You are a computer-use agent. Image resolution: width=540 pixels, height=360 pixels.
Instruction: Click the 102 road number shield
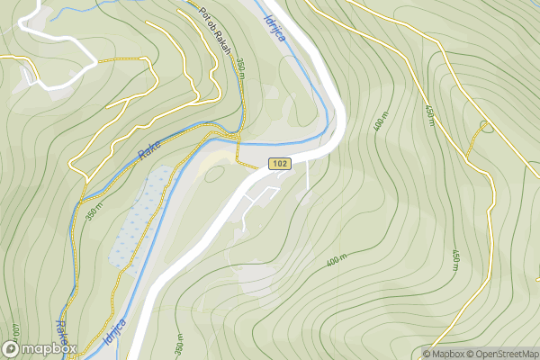click(x=278, y=164)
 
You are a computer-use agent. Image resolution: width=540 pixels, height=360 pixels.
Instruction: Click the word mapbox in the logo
click(x=50, y=348)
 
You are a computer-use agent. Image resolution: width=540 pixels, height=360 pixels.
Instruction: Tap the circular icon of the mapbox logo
click(x=12, y=348)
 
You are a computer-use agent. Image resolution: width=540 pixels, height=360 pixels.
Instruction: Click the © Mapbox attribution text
click(x=446, y=354)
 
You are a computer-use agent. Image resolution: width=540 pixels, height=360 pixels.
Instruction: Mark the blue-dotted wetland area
click(x=139, y=220)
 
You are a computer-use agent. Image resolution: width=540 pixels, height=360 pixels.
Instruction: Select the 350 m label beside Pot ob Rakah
click(x=241, y=68)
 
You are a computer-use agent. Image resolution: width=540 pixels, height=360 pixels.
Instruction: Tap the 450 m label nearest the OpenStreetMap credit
click(x=457, y=260)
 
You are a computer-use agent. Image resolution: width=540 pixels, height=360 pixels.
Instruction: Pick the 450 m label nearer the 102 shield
click(x=428, y=115)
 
